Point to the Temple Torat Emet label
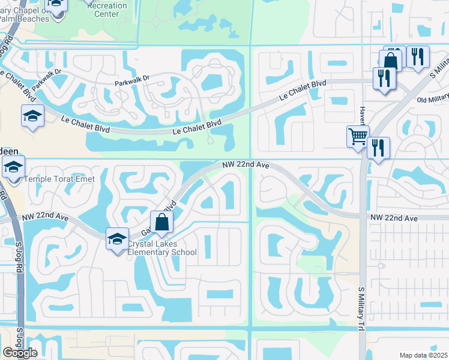pyautogui.click(x=59, y=179)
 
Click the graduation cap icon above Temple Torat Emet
pyautogui.click(x=13, y=167)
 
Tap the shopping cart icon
pyautogui.click(x=357, y=136)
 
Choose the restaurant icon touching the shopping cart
pyautogui.click(x=378, y=148)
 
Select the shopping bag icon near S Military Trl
pyautogui.click(x=390, y=61)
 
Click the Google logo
pyautogui.click(x=20, y=353)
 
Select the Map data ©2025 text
pyautogui.click(x=423, y=355)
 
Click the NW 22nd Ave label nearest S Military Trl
pyautogui.click(x=393, y=218)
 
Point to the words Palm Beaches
pyautogui.click(x=24, y=19)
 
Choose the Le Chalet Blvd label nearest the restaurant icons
pyautogui.click(x=303, y=91)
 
